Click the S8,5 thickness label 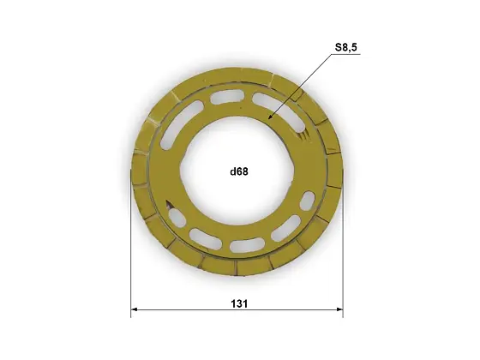[x=346, y=47]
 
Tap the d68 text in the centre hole [x=239, y=171]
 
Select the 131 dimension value [x=239, y=304]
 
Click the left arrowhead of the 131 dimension [x=134, y=309]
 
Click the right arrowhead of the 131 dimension [x=339, y=309]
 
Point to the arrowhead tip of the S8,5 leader [x=268, y=118]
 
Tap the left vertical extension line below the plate [x=131, y=245]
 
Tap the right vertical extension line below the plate [x=343, y=245]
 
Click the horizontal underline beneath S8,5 [x=346, y=55]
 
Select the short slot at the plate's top [x=226, y=99]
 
